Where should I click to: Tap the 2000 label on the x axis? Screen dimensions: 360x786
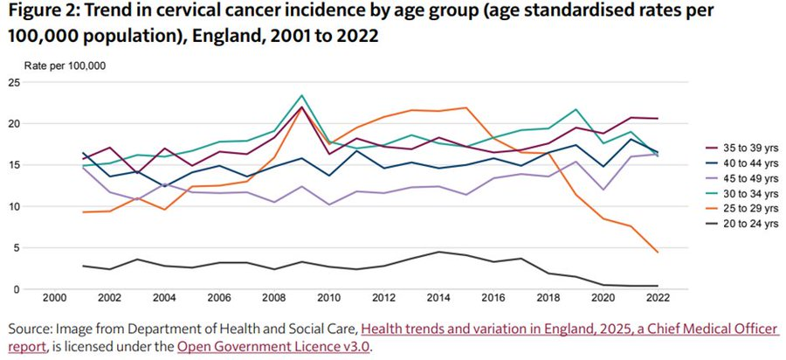pyautogui.click(x=55, y=299)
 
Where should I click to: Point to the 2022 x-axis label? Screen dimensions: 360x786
pyautogui.click(x=657, y=299)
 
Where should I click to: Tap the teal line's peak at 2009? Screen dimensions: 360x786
pyautogui.click(x=302, y=95)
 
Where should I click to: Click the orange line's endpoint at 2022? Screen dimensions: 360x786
pyautogui.click(x=657, y=253)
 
